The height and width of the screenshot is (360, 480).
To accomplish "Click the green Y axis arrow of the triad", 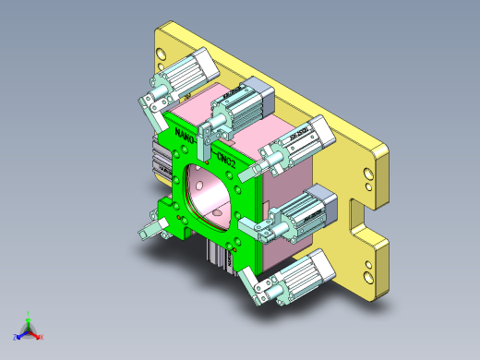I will click(30, 317).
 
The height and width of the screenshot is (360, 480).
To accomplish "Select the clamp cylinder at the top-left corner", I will click(189, 73).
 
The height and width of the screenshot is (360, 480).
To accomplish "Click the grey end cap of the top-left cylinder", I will click(204, 63).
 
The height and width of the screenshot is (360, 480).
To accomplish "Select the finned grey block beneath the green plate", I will click(222, 255).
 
